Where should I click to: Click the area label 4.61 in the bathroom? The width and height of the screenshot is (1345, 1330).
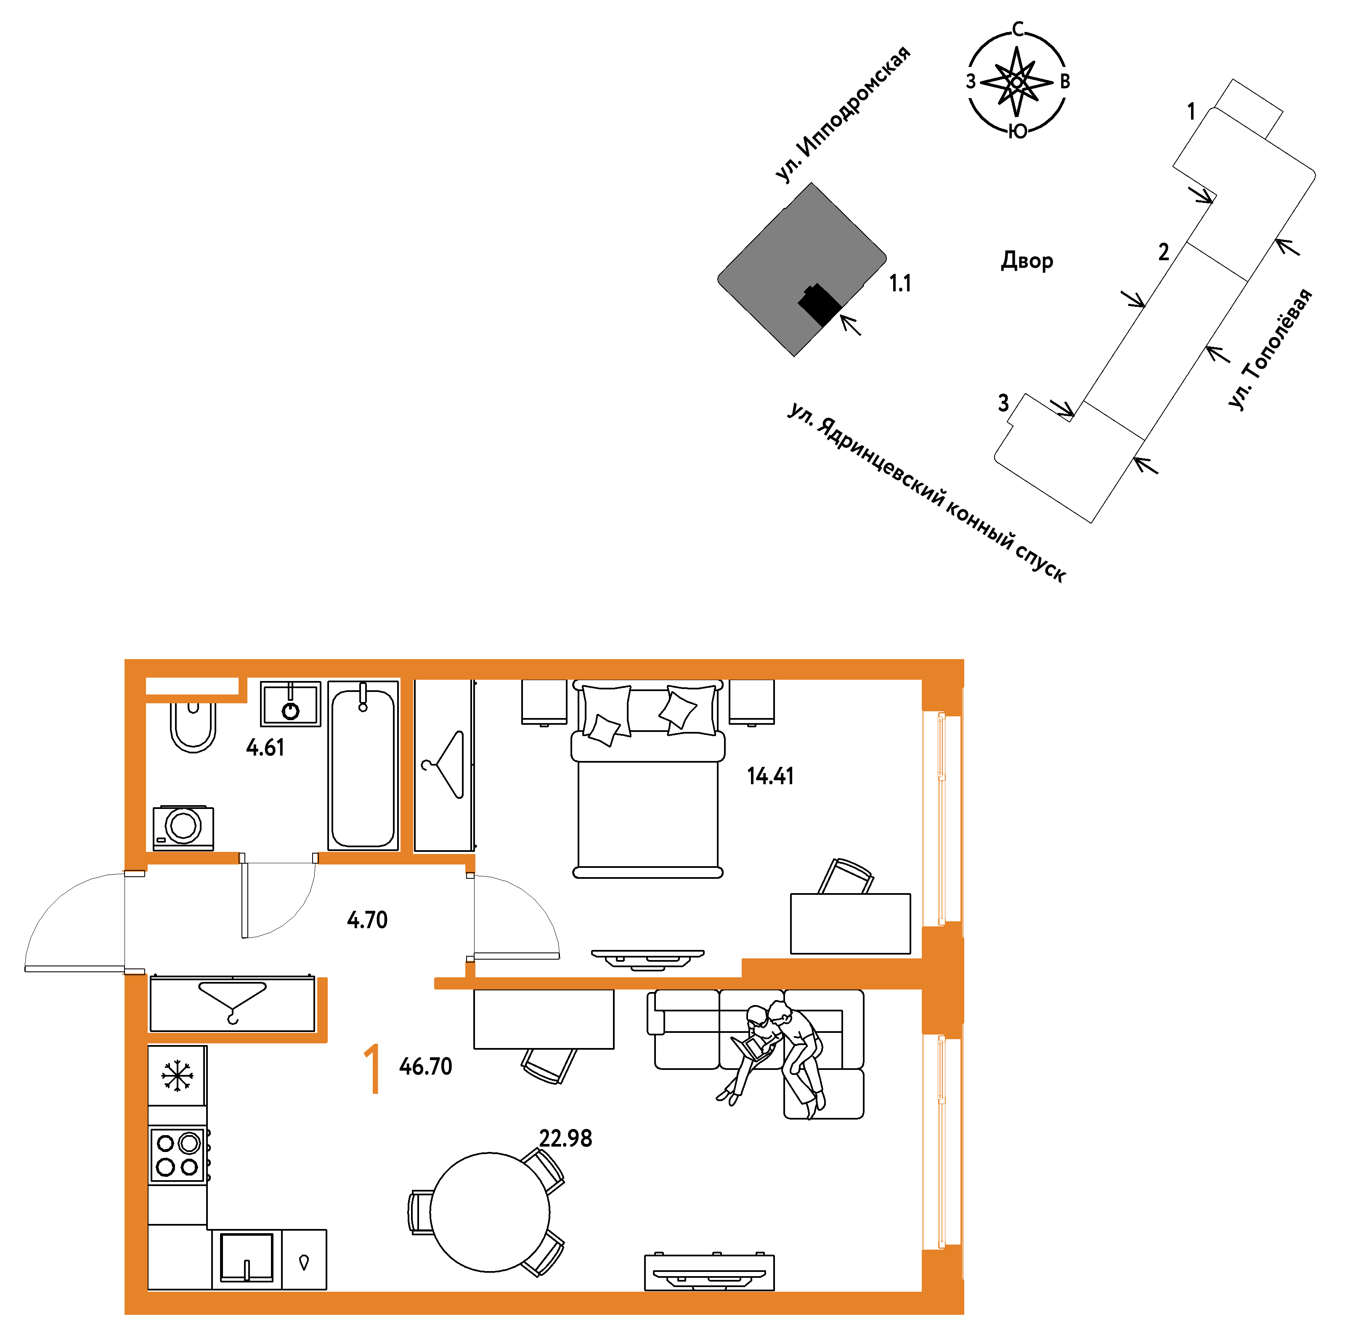265,748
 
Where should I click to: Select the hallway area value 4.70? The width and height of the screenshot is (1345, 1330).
367,920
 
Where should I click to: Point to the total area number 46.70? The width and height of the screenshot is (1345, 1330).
425,1066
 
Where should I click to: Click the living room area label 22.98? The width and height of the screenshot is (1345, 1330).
565,1138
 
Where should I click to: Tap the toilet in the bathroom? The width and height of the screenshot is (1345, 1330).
193,727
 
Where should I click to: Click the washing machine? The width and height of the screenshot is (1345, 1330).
183,828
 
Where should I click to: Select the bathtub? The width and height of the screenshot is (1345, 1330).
363,765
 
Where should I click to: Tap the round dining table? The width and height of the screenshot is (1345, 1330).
489,1212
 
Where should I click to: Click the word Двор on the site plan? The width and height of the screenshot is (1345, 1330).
1027,261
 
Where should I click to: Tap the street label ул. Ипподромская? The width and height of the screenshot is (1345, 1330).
842,115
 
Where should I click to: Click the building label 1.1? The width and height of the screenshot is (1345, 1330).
900,283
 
